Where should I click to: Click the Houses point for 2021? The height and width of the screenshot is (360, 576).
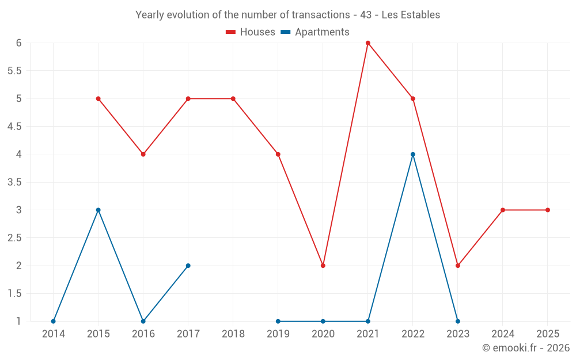point(368,43)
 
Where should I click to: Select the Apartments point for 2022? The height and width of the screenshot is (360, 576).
point(413,154)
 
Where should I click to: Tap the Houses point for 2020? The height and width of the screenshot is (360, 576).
point(323,266)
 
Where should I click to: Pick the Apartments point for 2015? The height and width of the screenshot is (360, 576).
point(98,210)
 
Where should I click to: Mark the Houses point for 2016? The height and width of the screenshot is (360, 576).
point(143,154)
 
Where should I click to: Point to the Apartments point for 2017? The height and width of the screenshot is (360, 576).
point(188,266)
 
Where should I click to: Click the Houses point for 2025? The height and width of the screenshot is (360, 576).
point(548,210)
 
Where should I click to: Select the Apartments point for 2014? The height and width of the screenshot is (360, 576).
point(54,321)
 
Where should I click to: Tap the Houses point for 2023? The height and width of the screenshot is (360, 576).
point(458,266)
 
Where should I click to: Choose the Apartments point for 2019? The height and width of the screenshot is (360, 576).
point(278,321)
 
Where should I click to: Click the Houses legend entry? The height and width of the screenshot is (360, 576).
point(251,32)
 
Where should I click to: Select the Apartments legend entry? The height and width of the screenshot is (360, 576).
point(315,32)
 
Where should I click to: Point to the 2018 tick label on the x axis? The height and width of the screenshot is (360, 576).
point(233,334)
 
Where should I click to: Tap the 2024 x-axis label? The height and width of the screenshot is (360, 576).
point(503,334)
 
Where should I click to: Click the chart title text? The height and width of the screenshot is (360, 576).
point(287,15)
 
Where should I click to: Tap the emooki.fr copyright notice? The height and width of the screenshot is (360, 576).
point(526,348)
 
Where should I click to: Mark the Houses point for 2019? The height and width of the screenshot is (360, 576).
point(278,154)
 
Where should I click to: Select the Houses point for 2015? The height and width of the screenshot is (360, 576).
point(98,98)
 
